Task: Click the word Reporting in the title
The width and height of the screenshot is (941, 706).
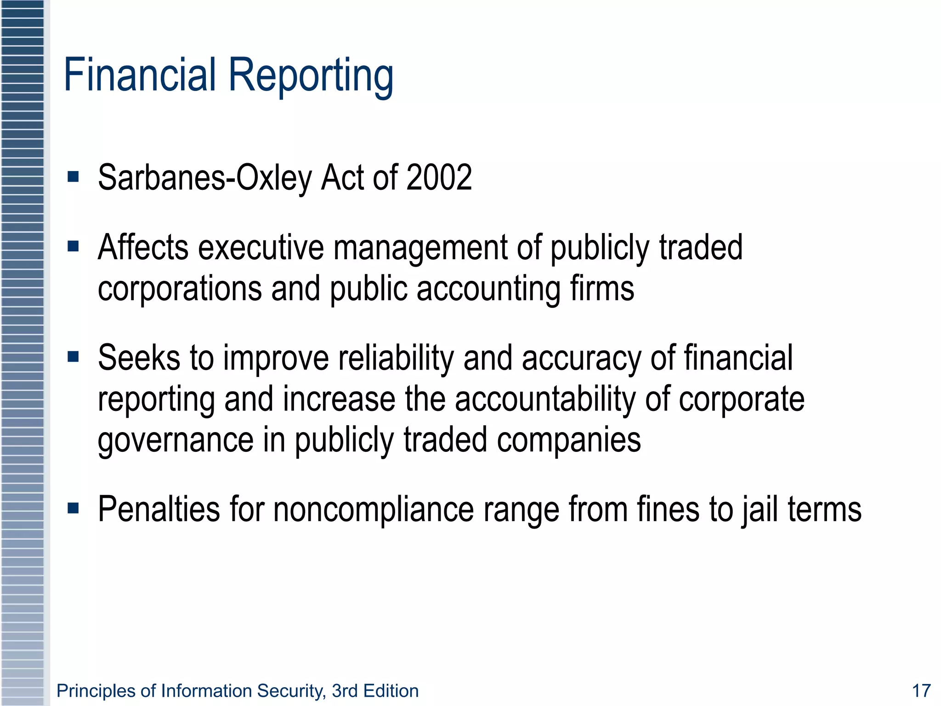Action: pyautogui.click(x=311, y=76)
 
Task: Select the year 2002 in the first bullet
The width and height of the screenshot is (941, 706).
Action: pyautogui.click(x=439, y=177)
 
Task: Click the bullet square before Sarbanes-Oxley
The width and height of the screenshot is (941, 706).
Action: pyautogui.click(x=73, y=177)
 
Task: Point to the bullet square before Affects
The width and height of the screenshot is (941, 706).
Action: pyautogui.click(x=73, y=247)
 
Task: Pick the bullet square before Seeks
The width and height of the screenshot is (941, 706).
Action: pyautogui.click(x=73, y=357)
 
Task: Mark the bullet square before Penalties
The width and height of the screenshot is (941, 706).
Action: pyautogui.click(x=73, y=508)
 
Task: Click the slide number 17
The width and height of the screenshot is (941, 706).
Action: pyautogui.click(x=921, y=691)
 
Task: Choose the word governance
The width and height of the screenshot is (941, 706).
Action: pyautogui.click(x=176, y=440)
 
